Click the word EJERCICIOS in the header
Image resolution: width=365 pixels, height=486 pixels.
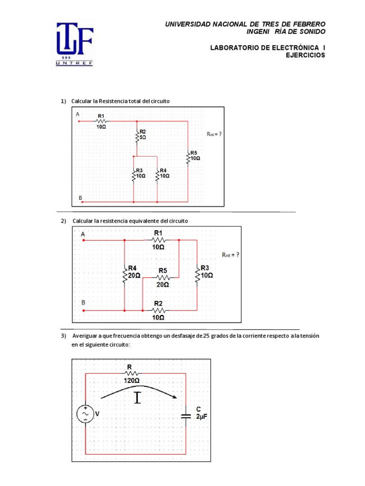click(x=305, y=55)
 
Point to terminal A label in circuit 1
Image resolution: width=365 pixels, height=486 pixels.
click(x=77, y=114)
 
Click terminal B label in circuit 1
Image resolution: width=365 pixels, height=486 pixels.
click(x=80, y=197)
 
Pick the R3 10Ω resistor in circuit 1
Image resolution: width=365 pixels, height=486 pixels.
click(x=134, y=174)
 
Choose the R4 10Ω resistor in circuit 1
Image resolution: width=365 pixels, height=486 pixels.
click(x=157, y=174)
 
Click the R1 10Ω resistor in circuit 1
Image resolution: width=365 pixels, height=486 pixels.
click(x=102, y=121)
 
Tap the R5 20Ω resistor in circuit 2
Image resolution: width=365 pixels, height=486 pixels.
click(x=163, y=277)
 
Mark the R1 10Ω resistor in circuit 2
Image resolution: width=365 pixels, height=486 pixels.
click(x=158, y=240)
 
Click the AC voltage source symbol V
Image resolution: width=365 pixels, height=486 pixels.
click(x=86, y=414)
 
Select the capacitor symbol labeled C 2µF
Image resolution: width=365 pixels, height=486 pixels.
click(x=185, y=416)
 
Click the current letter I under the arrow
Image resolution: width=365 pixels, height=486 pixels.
click(x=138, y=398)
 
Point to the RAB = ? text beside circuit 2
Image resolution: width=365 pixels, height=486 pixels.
click(x=231, y=255)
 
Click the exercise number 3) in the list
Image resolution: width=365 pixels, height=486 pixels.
click(x=63, y=336)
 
